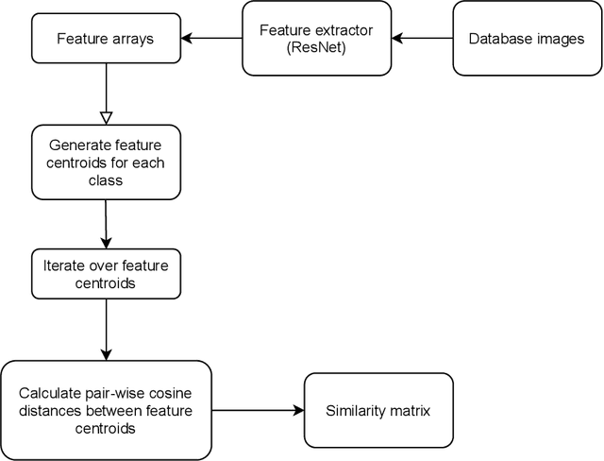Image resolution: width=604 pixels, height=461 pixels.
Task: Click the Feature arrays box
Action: tap(106, 39)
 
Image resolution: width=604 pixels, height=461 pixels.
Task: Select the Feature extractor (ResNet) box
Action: tap(317, 39)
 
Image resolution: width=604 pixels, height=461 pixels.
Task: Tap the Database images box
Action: tap(527, 39)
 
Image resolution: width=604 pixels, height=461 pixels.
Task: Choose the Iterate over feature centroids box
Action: tap(106, 274)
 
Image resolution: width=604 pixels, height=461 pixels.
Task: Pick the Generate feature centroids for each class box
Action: tap(106, 162)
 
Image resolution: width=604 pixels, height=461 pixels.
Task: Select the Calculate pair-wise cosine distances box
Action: tap(106, 411)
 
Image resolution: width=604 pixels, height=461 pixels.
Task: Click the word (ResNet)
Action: tap(317, 47)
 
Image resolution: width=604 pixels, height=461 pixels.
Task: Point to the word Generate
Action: tap(75, 145)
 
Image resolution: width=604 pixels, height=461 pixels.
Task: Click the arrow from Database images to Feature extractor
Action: tap(423, 39)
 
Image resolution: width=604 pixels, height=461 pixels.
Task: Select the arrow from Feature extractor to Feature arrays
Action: tap(211, 39)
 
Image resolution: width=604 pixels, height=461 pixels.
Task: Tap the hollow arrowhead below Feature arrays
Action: tap(106, 117)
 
